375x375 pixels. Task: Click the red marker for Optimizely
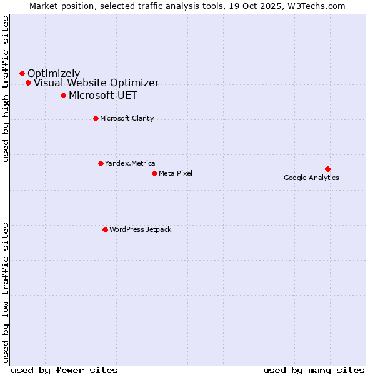[22, 73]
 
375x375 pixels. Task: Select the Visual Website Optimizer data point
[28, 82]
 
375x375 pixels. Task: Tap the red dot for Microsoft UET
[63, 95]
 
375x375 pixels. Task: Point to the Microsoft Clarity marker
[96, 118]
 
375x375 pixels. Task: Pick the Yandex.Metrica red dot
[101, 163]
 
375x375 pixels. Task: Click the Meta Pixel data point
[154, 173]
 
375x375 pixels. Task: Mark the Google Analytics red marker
[327, 169]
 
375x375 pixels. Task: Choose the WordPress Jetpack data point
[105, 229]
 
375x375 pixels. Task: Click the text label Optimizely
[54, 73]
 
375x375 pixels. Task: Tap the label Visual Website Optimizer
[96, 82]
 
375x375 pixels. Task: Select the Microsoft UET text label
[103, 95]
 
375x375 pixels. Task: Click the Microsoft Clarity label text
[127, 118]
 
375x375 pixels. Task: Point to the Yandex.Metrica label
[130, 163]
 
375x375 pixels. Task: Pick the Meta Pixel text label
[176, 173]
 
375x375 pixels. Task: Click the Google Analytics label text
[311, 177]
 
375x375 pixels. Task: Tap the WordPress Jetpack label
[140, 229]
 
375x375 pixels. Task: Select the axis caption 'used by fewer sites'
[64, 370]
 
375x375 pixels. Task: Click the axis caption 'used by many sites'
[314, 370]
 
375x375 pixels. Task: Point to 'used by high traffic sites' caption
[6, 89]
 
